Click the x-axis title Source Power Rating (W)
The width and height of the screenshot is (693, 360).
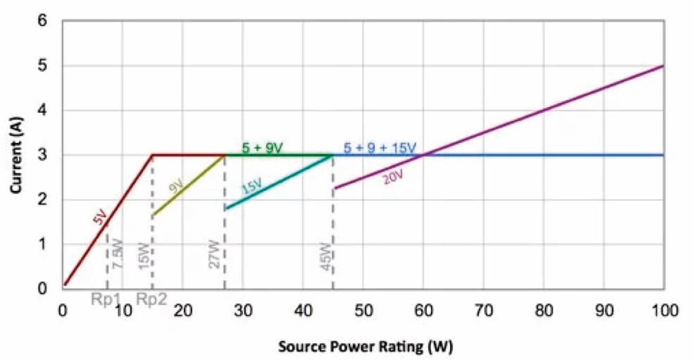click(364, 347)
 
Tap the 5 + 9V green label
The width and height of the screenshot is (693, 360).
click(262, 148)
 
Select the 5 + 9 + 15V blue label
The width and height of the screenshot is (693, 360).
click(380, 148)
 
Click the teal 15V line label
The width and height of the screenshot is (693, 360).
click(251, 187)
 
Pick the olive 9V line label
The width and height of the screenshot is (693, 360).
click(175, 187)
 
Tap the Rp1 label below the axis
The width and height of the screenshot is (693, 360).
click(106, 299)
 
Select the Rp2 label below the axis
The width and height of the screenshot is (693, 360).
click(151, 299)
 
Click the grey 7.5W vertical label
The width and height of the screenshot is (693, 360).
click(118, 254)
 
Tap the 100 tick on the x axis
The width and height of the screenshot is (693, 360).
click(663, 310)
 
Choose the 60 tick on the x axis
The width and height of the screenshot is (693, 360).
click(423, 310)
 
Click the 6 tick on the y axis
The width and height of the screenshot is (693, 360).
click(43, 21)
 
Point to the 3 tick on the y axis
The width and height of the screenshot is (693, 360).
click(43, 155)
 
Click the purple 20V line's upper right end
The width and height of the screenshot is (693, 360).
click(663, 66)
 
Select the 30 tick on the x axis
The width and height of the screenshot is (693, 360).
click(242, 310)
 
